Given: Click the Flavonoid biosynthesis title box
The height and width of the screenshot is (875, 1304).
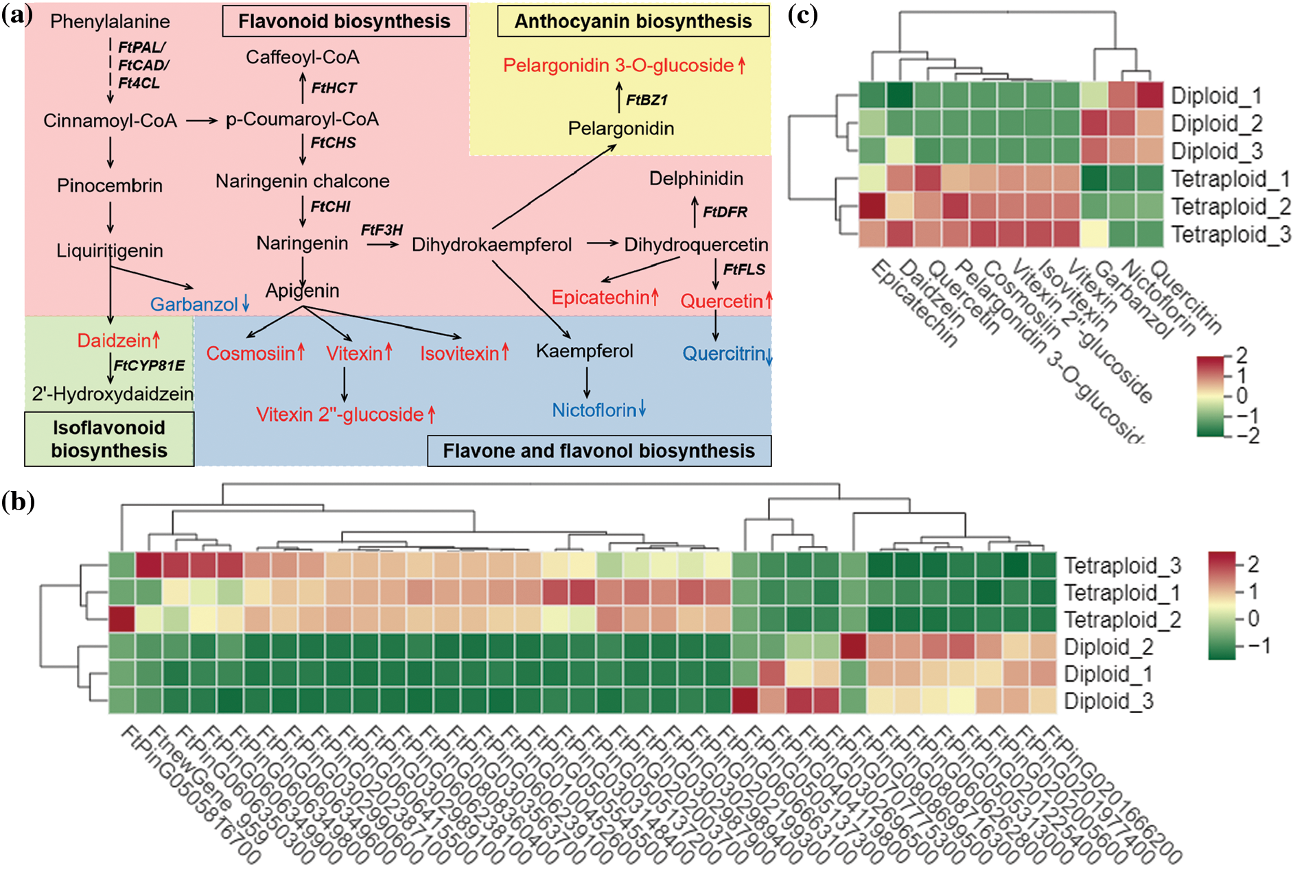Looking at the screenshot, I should coord(344,21).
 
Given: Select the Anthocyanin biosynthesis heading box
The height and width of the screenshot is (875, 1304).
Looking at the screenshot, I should coord(633,21).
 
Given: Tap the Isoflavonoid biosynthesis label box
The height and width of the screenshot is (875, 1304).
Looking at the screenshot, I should coord(109,439).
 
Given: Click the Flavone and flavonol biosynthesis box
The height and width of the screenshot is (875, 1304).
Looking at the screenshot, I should coord(598,451).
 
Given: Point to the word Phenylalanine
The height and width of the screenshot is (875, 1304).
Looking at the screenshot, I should coord(110,21).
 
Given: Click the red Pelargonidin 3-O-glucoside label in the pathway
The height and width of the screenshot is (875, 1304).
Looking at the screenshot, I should coord(619,65).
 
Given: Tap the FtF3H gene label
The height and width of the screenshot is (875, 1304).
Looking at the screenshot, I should coord(382,230).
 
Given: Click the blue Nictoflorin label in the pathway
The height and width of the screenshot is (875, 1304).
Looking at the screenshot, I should coord(594,410).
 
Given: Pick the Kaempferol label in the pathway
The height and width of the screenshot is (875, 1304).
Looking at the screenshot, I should coord(584,351).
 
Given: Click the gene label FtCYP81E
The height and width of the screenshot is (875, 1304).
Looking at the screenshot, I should coord(149,365).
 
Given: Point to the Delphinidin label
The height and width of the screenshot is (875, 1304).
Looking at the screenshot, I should coord(696,179).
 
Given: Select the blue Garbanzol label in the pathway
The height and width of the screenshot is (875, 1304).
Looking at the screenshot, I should coord(194,304).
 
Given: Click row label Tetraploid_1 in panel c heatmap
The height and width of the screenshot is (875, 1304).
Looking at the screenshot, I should coord(1229,179).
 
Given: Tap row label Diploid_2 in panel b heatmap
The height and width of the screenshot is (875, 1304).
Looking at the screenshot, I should coord(1108,647).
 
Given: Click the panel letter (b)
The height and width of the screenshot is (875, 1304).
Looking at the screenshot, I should coord(18,501).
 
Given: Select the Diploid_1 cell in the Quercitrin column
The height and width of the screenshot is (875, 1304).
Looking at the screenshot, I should coord(1150,95).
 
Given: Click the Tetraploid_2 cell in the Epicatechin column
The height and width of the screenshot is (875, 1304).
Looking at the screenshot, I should coord(872,206).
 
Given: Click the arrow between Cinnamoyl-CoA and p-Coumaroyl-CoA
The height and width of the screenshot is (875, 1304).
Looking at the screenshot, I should coord(202,121).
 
